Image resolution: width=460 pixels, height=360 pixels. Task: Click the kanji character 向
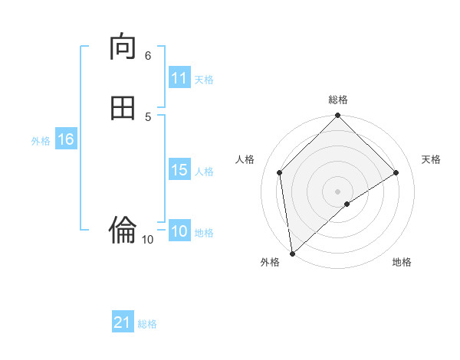pos(123,47)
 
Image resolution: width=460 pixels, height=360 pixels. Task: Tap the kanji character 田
pos(123,109)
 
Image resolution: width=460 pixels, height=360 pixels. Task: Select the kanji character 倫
pos(123,229)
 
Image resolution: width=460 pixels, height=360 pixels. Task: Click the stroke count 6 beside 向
pos(148,55)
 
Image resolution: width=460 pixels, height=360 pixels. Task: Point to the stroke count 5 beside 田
pos(148,116)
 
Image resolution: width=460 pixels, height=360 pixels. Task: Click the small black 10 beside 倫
pos(147,240)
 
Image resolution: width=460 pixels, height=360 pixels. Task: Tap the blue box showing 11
pos(179,78)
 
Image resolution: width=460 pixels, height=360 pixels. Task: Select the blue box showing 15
pos(179,170)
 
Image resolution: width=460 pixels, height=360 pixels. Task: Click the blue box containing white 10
pos(179,232)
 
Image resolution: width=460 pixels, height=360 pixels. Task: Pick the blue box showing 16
pos(65,139)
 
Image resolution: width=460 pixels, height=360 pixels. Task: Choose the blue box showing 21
pos(123,322)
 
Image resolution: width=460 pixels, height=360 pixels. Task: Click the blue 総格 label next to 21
pos(147,324)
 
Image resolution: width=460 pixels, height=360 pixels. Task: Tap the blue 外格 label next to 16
pos(41,141)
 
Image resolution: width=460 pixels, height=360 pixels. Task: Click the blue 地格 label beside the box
pos(204,233)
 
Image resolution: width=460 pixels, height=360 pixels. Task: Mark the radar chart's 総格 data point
pos(338,116)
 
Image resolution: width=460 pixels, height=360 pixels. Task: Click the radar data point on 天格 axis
pos(396,172)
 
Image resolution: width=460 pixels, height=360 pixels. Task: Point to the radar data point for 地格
pos(347,204)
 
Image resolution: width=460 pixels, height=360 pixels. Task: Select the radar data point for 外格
pos(292,254)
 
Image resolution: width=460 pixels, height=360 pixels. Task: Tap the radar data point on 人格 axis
pos(280,172)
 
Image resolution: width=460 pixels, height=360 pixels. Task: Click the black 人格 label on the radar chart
pos(245,159)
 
